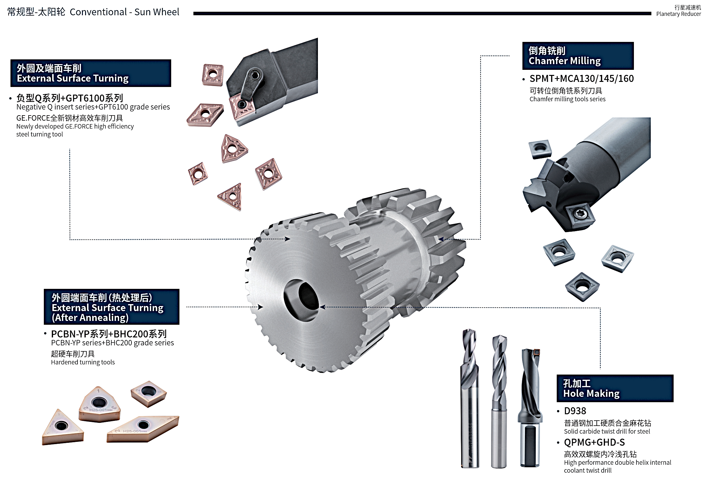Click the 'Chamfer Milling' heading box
578,56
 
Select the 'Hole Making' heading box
615,388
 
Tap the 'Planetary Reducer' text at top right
678,14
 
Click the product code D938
575,411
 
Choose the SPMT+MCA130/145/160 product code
582,78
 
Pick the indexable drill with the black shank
530,409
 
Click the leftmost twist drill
469,397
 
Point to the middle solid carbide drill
499,400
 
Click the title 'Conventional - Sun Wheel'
124,12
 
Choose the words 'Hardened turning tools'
83,362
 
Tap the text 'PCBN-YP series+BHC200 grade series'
112,343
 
